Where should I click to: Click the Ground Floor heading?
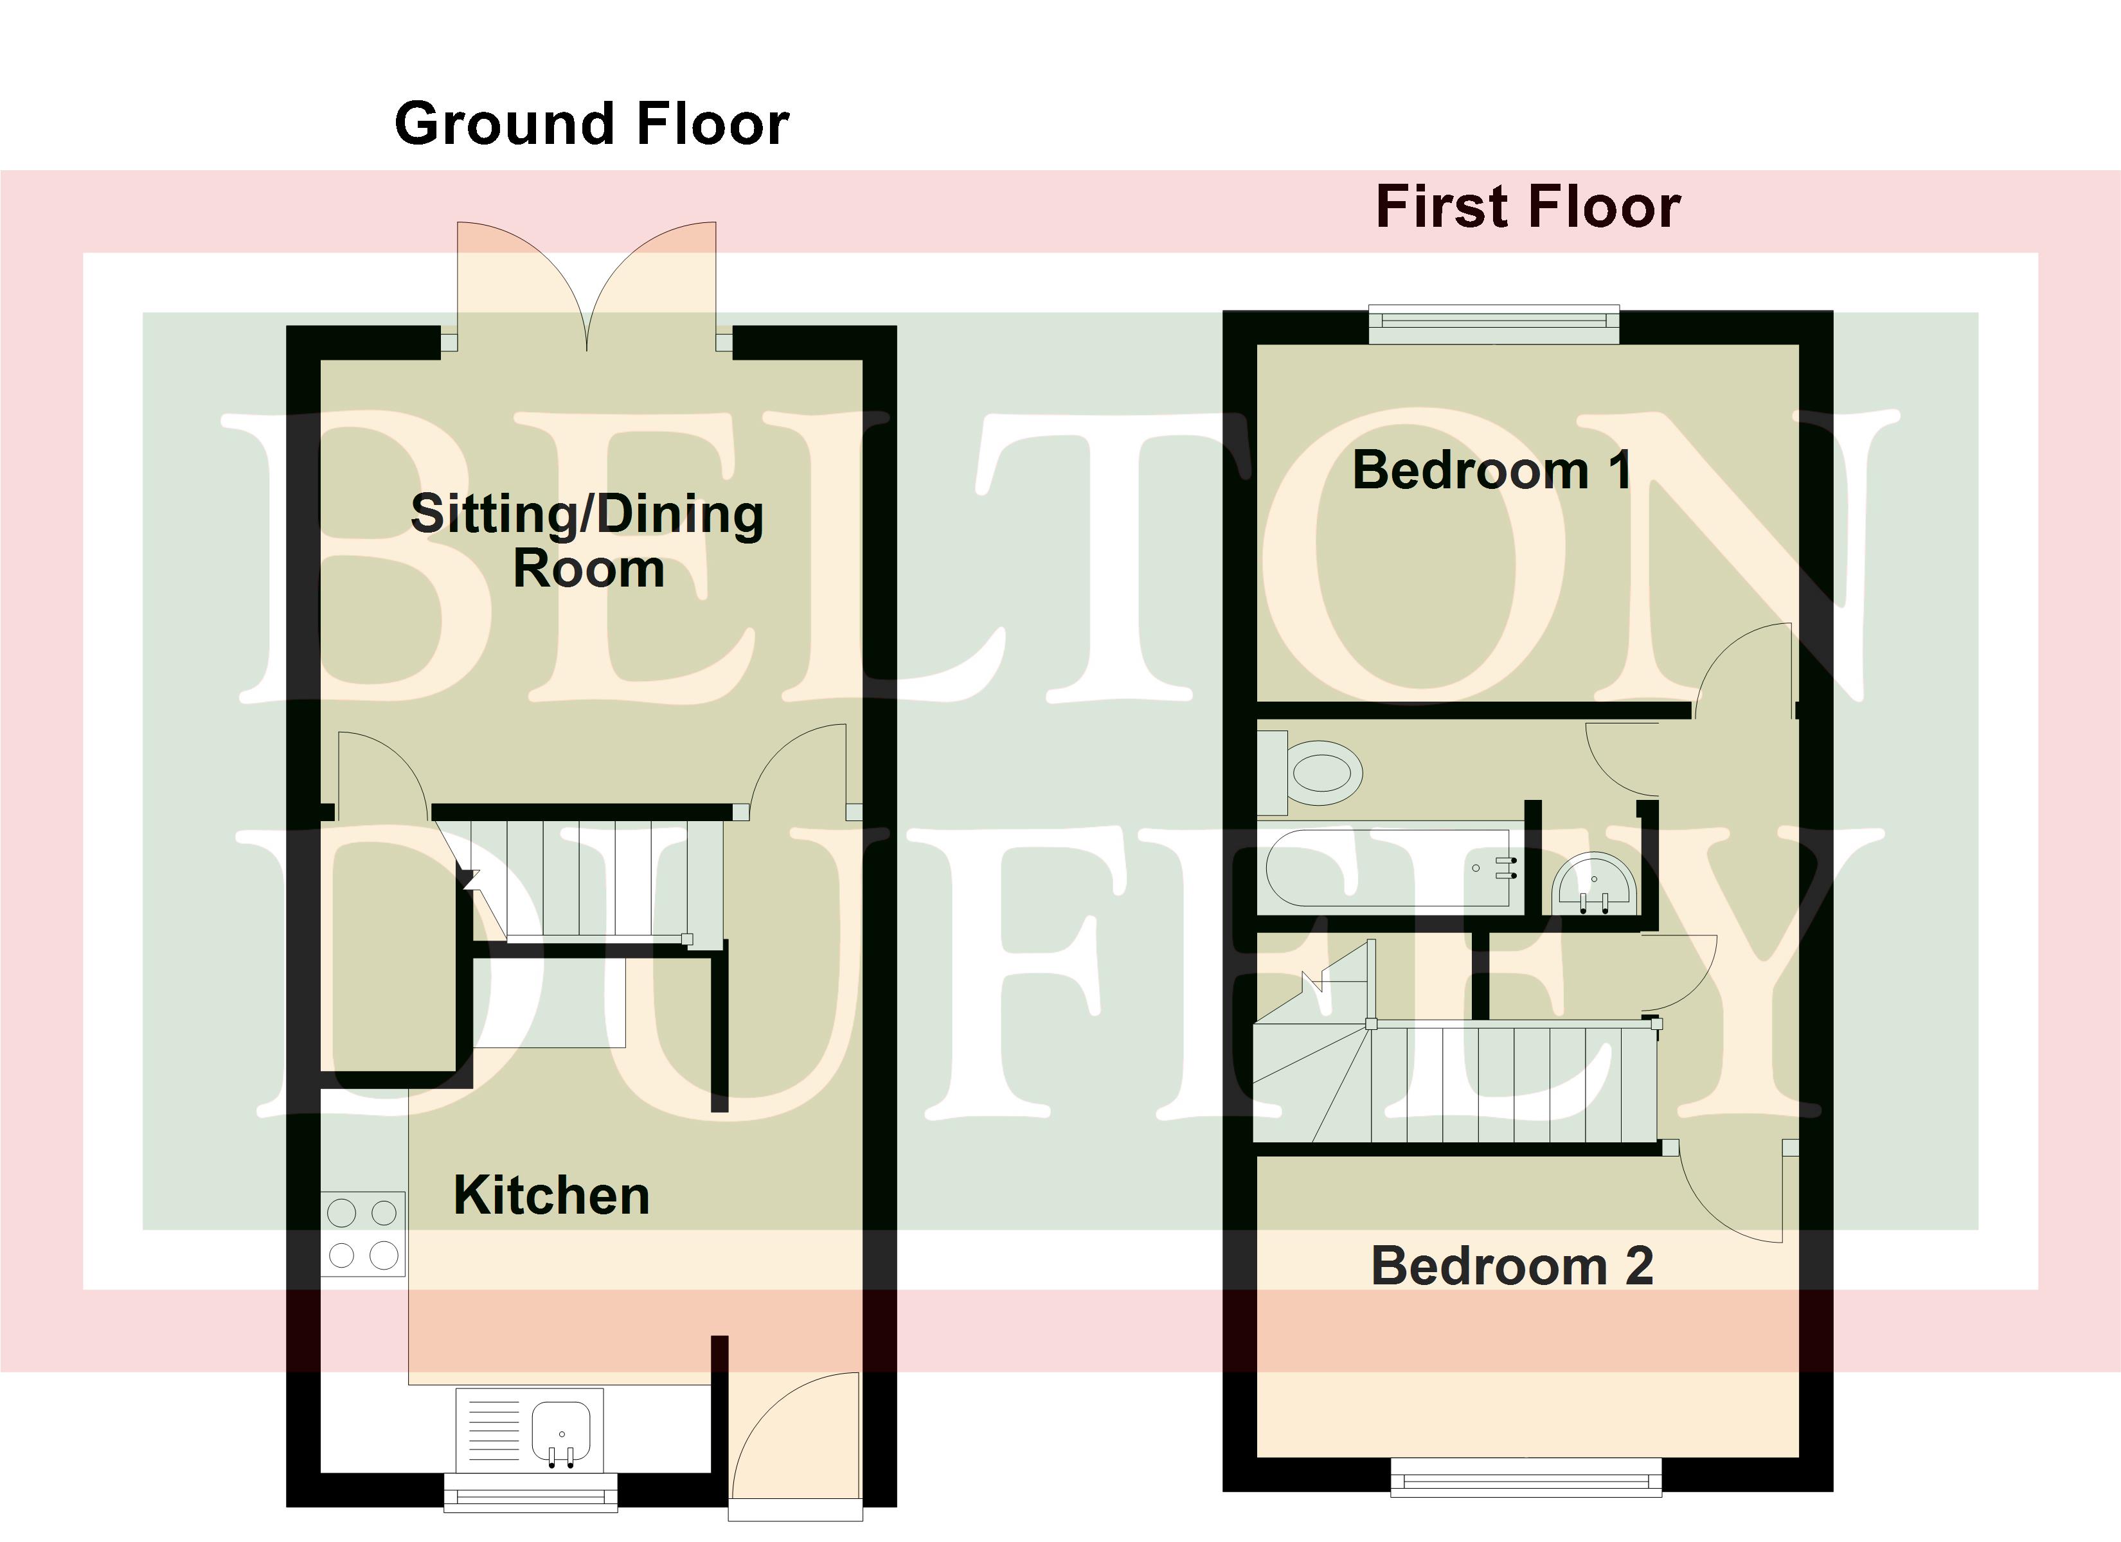pyautogui.click(x=592, y=125)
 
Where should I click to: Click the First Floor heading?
pyautogui.click(x=1528, y=207)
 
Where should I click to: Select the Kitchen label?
pyautogui.click(x=551, y=1195)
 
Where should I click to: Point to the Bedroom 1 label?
pyautogui.click(x=1492, y=470)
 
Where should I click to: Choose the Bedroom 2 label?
pyautogui.click(x=1512, y=1266)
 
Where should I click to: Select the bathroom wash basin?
pyautogui.click(x=1595, y=883)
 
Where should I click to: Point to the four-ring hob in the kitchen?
pyautogui.click(x=363, y=1234)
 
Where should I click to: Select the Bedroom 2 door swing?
pyautogui.click(x=1730, y=1192)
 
